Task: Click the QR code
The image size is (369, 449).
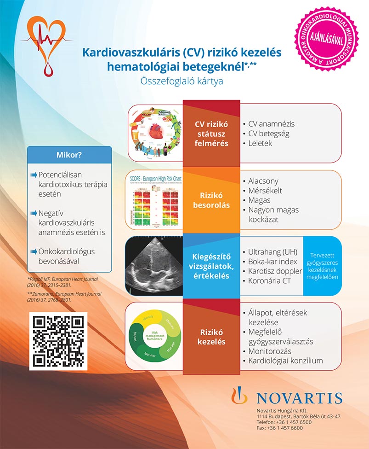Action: coord(58,341)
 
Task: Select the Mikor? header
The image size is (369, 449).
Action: coord(69,154)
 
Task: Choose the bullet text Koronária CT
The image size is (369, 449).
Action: coord(269,281)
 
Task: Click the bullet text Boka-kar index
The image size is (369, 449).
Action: coord(272,262)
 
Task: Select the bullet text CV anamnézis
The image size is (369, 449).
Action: coord(271,124)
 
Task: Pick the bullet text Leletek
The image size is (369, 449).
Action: coord(260,143)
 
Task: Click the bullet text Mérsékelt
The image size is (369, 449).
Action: coord(265,191)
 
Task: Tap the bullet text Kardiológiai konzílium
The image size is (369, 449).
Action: coord(285,361)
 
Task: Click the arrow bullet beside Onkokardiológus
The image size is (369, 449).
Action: coord(33,251)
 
